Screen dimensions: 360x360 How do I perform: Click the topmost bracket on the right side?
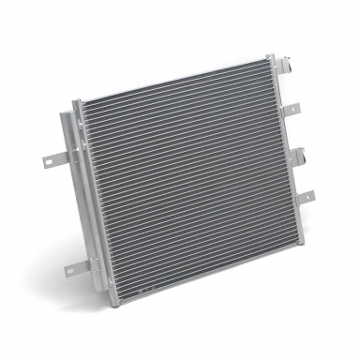pos(275,67)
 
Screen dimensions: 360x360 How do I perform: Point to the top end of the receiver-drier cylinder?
pos(64,116)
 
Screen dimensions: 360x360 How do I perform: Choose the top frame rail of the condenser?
pos(169,78)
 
